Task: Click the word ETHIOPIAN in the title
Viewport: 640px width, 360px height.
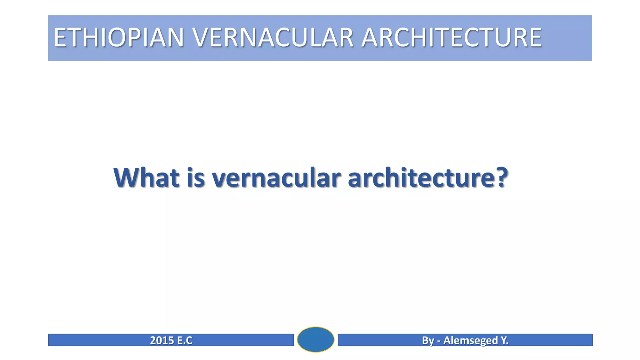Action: [x=119, y=37]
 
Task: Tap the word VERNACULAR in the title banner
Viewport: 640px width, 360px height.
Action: [x=273, y=37]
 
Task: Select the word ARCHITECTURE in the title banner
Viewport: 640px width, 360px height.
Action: [x=451, y=37]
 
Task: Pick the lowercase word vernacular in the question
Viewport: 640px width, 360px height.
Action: [x=276, y=178]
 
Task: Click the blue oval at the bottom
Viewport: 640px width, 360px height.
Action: [x=316, y=339]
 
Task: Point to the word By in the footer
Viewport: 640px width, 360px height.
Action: [x=428, y=341]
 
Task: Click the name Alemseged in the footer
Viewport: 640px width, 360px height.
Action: [x=471, y=341]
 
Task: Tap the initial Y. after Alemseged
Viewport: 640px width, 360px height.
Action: [x=504, y=340]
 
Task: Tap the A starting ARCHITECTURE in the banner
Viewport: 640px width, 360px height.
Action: [x=370, y=37]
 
